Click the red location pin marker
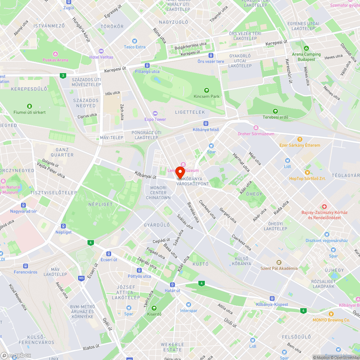(x=180, y=172)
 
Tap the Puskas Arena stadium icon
(x=55, y=54)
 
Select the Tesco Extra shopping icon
(x=135, y=41)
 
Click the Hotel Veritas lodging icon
(x=101, y=51)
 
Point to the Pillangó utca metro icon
(x=147, y=66)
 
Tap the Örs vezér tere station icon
(x=211, y=55)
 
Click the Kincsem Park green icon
(x=206, y=90)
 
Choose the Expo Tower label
(x=155, y=120)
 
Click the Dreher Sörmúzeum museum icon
(x=256, y=128)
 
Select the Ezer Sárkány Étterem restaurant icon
(x=300, y=139)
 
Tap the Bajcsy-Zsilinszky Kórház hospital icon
(x=324, y=207)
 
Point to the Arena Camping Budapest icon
(x=306, y=48)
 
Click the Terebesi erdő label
(x=275, y=117)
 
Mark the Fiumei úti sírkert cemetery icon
(x=30, y=106)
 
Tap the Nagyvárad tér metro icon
(x=23, y=205)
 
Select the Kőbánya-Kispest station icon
(x=272, y=298)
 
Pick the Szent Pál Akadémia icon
(x=279, y=262)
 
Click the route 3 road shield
(x=63, y=75)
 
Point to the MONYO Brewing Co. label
(x=331, y=320)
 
